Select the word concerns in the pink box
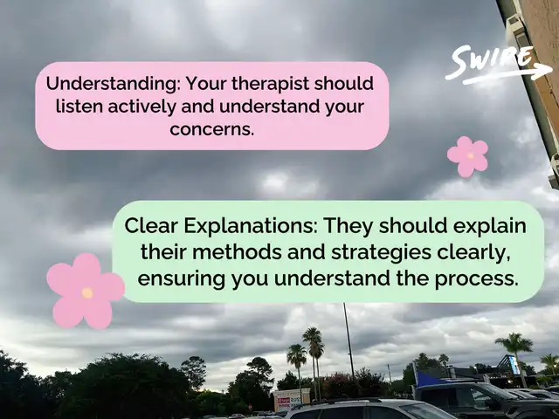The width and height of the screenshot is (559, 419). coord(211,129)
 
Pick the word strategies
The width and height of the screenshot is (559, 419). coord(381,252)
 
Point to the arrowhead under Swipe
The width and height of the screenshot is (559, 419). coord(545,71)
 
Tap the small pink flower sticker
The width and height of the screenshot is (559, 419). coord(467,156)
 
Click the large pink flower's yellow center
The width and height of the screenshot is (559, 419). coord(87,293)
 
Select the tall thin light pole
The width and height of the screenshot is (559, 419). coord(349,341)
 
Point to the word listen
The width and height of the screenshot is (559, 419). coord(79,106)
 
